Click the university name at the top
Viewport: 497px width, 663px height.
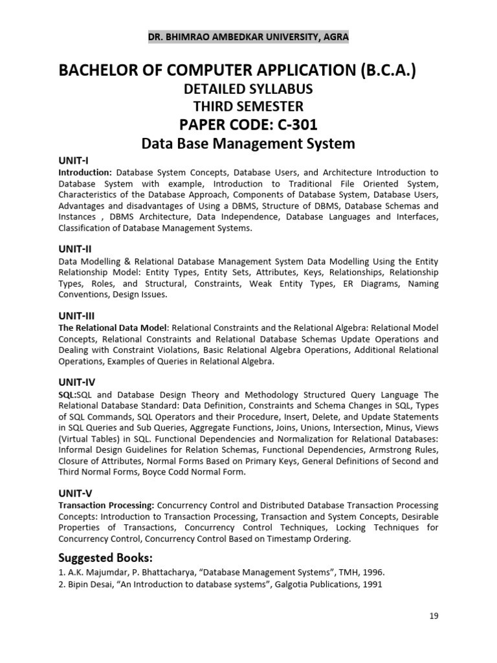pos(248,37)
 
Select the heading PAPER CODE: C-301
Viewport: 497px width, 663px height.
pos(248,124)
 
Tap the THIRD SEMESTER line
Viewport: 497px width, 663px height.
pos(248,106)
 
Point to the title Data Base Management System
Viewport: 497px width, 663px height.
pos(248,143)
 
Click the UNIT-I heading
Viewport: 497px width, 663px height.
pos(73,161)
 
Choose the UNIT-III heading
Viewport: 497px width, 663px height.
pos(76,315)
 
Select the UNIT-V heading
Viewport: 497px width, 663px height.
pos(75,493)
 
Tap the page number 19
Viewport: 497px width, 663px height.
pos(434,616)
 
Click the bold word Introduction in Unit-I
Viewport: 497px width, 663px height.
pos(84,173)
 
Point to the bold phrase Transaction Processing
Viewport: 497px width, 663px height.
pos(105,504)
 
